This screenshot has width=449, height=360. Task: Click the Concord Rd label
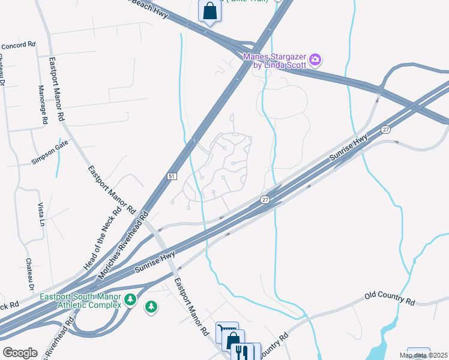point(19,44)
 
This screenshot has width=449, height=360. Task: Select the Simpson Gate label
point(50,145)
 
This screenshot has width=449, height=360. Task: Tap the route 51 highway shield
point(172,175)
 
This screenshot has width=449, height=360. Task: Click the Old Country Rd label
point(390,299)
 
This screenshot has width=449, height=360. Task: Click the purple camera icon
point(316,59)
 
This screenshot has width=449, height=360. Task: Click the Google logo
point(20,352)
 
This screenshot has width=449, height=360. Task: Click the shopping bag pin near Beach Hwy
point(209,11)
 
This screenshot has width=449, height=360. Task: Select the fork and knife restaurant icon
point(243,351)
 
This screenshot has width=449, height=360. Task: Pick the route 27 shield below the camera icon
point(386,129)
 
